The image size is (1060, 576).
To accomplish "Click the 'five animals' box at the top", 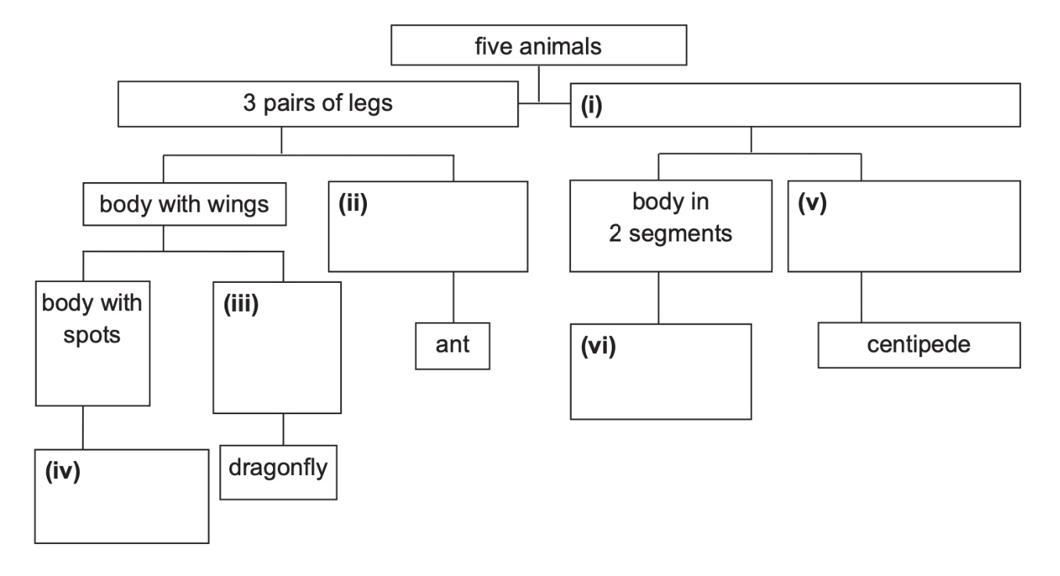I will pos(539,47).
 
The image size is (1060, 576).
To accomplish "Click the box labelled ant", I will pos(454,344).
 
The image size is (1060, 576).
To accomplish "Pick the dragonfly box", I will pos(278,470).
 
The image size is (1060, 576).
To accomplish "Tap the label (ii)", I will pos(353,209).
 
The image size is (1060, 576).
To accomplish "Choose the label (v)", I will pos(814,209).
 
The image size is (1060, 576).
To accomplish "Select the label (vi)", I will pos(599,346).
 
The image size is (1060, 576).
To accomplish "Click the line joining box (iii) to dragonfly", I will pos(282,429).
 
